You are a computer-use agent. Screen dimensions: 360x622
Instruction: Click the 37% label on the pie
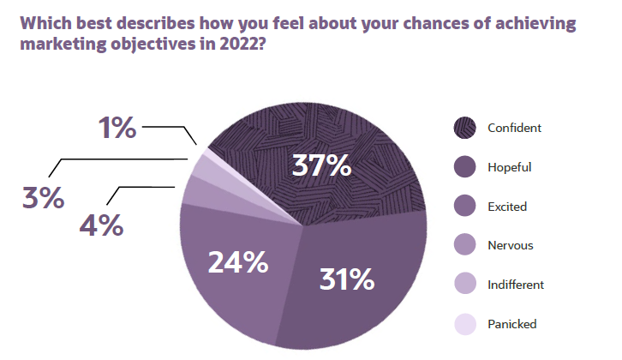click(321, 165)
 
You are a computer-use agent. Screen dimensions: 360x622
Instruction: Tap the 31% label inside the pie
click(346, 279)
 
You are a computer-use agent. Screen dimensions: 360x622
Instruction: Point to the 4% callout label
click(101, 225)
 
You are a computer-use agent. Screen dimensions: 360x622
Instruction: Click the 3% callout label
click(43, 197)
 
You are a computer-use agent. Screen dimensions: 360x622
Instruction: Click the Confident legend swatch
click(464, 129)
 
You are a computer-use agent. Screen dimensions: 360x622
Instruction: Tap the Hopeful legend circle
click(464, 168)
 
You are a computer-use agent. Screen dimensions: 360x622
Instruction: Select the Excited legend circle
click(464, 207)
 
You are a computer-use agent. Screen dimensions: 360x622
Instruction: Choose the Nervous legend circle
click(464, 246)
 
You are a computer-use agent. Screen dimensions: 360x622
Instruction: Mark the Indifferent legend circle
click(464, 285)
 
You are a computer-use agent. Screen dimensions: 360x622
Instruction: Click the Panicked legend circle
click(464, 324)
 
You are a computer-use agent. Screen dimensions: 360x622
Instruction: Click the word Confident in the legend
click(514, 129)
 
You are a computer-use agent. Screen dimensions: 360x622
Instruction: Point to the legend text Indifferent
click(516, 285)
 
